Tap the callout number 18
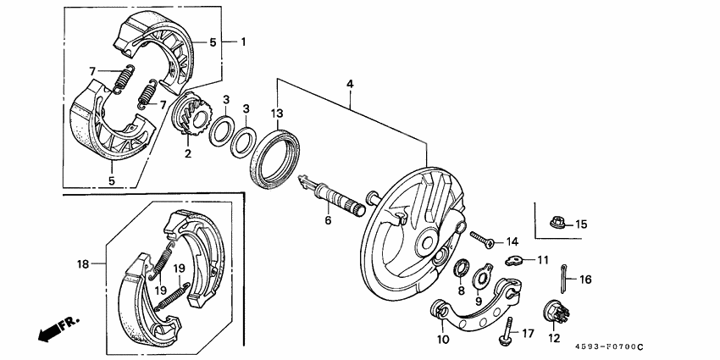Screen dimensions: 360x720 [82, 264]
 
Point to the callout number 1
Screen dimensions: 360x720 [243, 41]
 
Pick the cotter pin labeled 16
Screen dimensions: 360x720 [564, 276]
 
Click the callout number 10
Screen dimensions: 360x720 [442, 339]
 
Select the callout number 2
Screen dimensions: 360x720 [188, 154]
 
